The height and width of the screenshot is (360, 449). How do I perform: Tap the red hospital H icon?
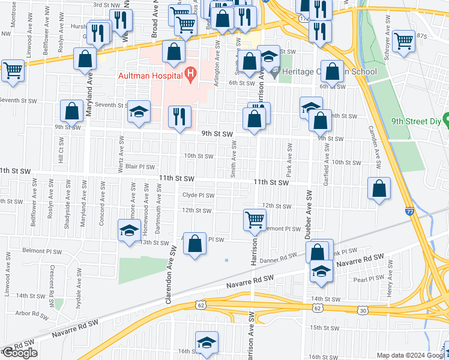click(x=191, y=75)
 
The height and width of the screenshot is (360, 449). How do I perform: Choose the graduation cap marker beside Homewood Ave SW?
click(x=129, y=231)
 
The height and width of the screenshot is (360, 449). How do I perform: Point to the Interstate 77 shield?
click(x=409, y=211)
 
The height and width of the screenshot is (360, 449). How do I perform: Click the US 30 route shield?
click(x=362, y=308)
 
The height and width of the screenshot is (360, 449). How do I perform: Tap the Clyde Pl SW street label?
click(x=198, y=195)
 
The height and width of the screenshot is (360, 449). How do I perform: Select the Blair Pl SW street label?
click(x=140, y=167)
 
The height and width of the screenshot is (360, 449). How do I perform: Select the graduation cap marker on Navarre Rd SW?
click(x=321, y=271)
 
